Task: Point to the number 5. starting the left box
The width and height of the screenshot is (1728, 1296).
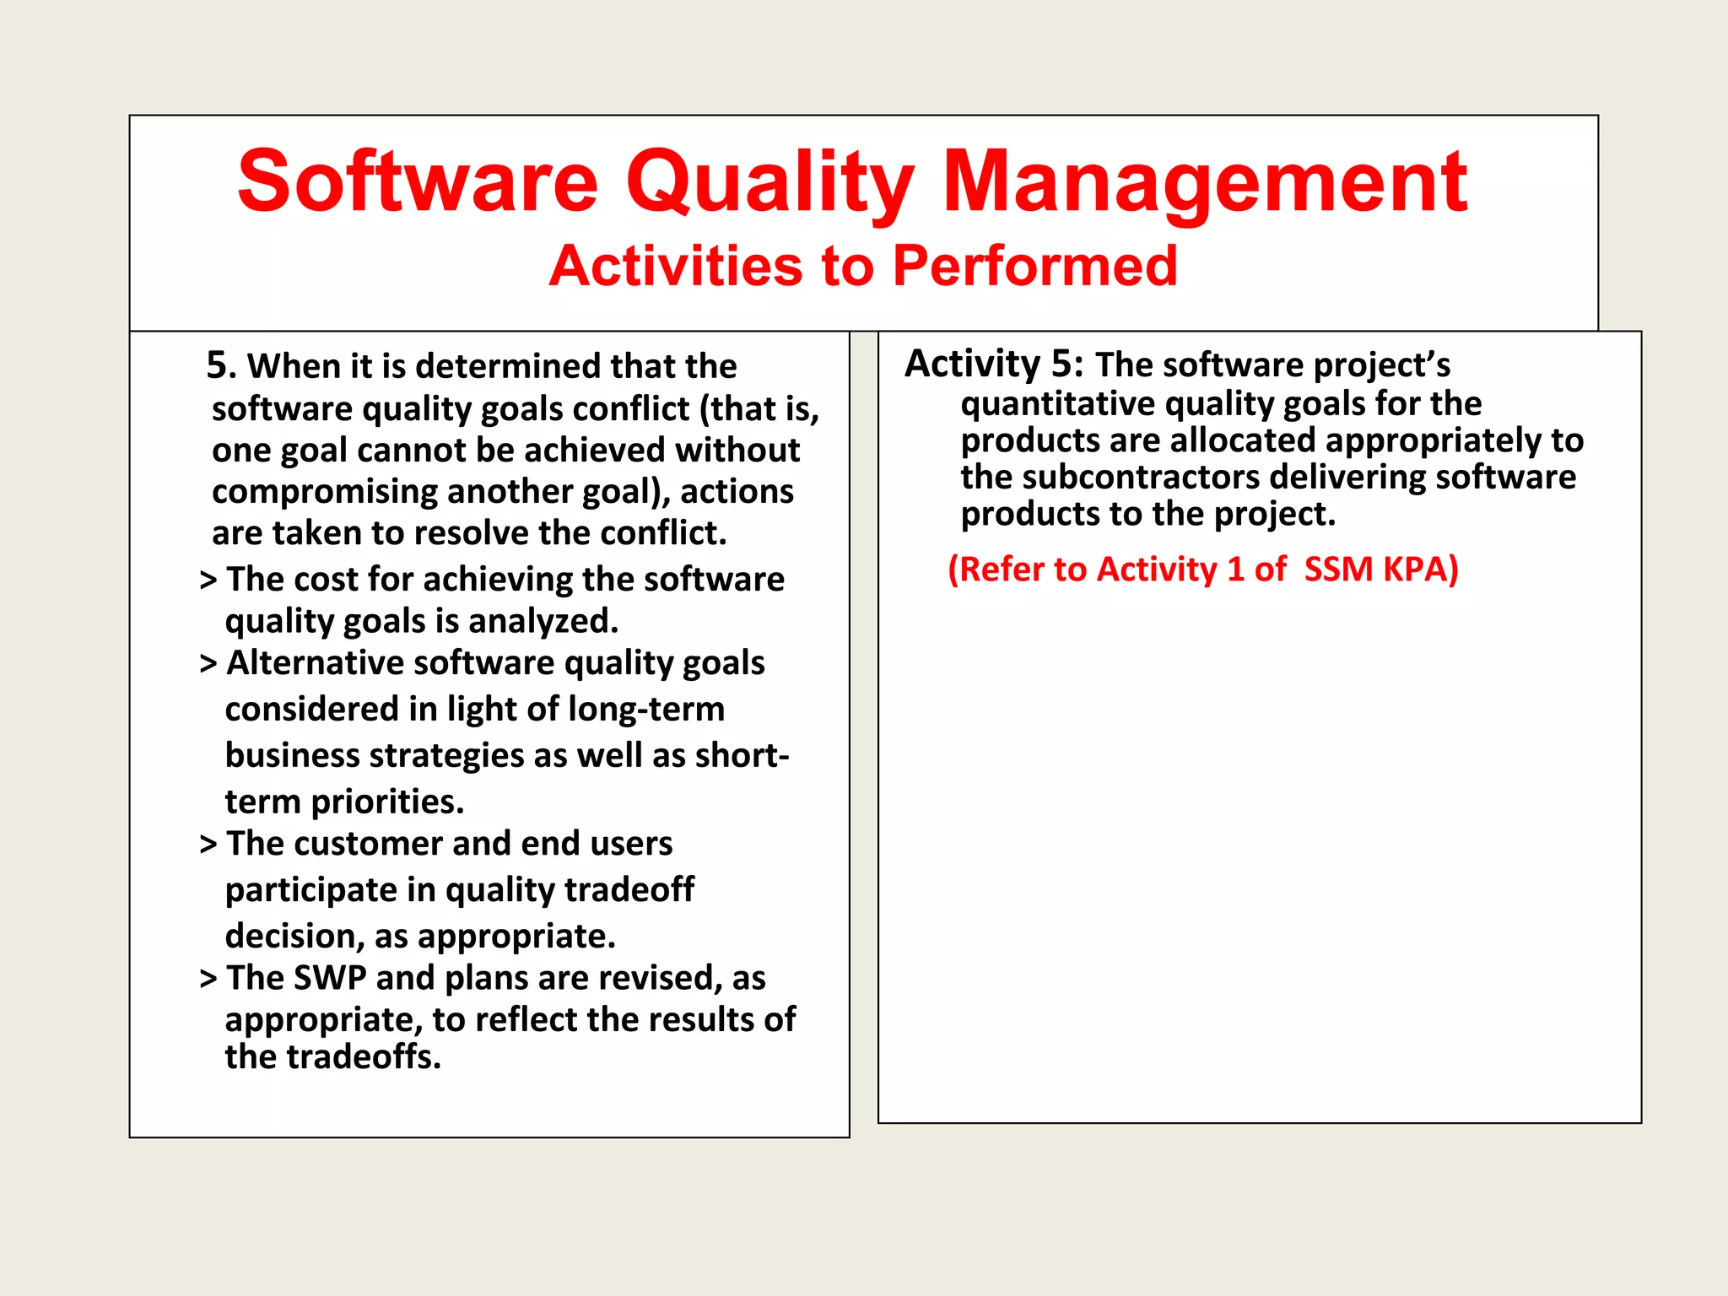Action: pyautogui.click(x=221, y=365)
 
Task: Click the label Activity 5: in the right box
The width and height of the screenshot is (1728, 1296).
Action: pyautogui.click(x=993, y=364)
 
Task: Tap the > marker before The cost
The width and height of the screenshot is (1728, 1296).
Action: pyautogui.click(x=208, y=580)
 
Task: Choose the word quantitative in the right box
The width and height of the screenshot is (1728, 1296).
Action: pyautogui.click(x=1057, y=404)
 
